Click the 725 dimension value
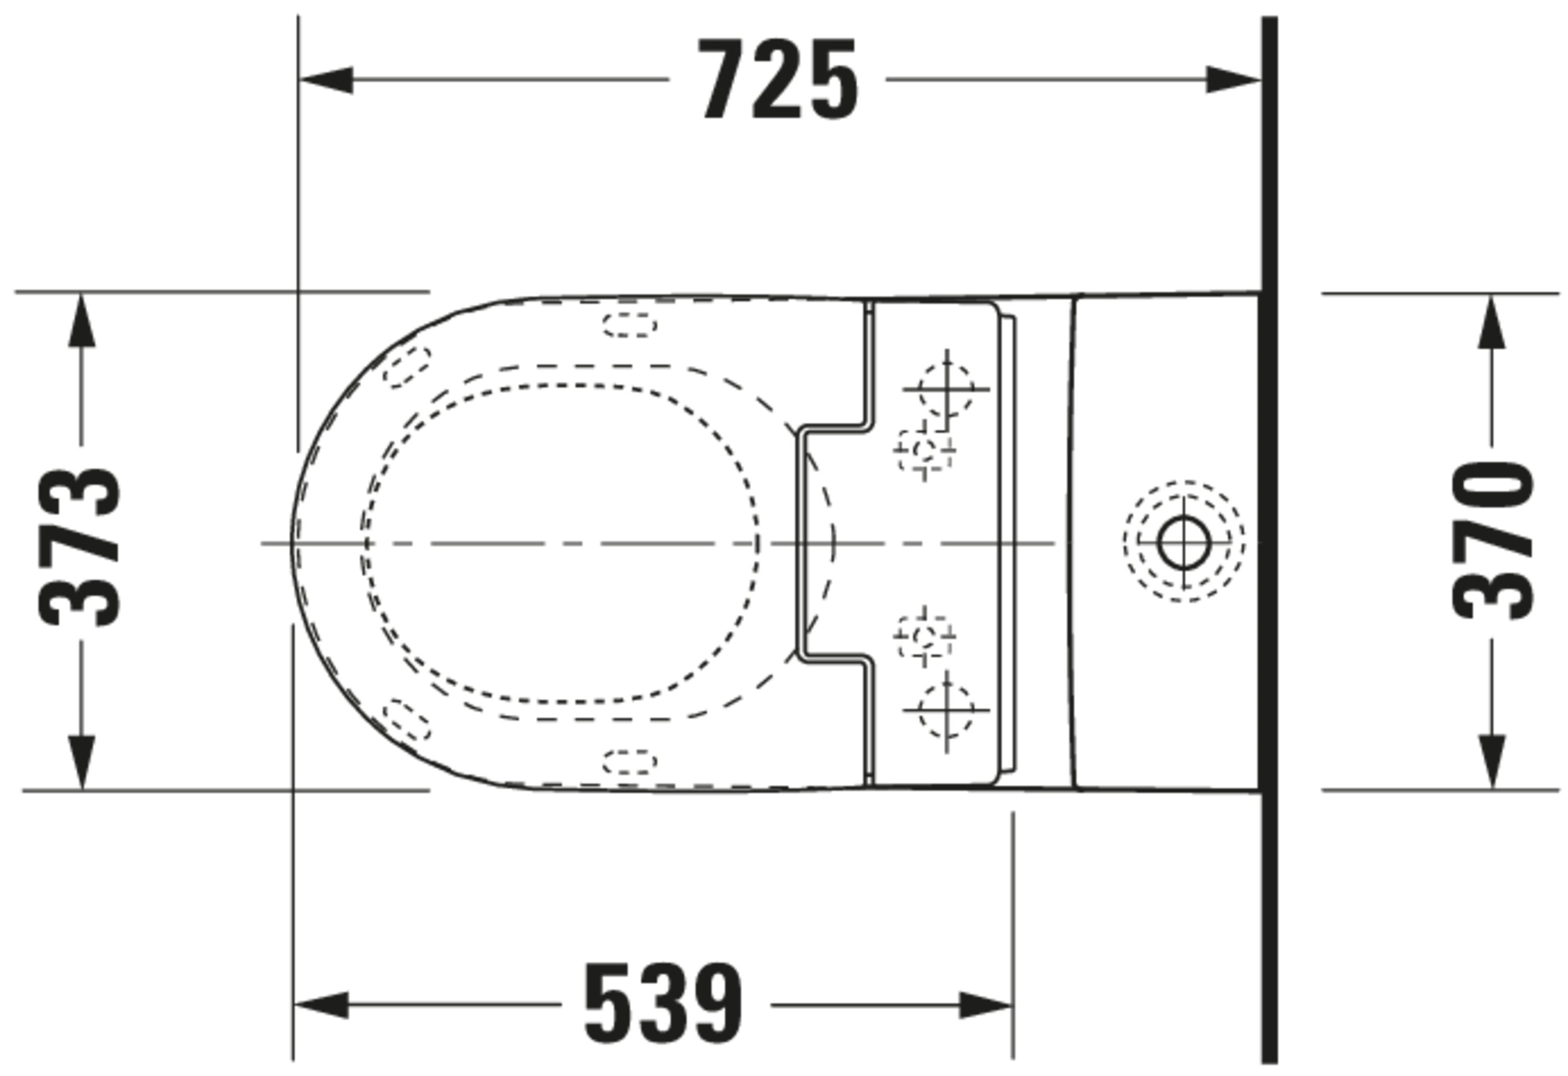click(x=778, y=79)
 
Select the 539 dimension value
click(x=663, y=1004)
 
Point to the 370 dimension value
click(x=1492, y=541)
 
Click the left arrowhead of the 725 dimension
click(x=326, y=79)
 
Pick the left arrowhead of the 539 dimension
click(x=321, y=1004)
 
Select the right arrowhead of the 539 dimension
click(x=986, y=1004)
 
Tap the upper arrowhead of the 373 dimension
click(x=82, y=320)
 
